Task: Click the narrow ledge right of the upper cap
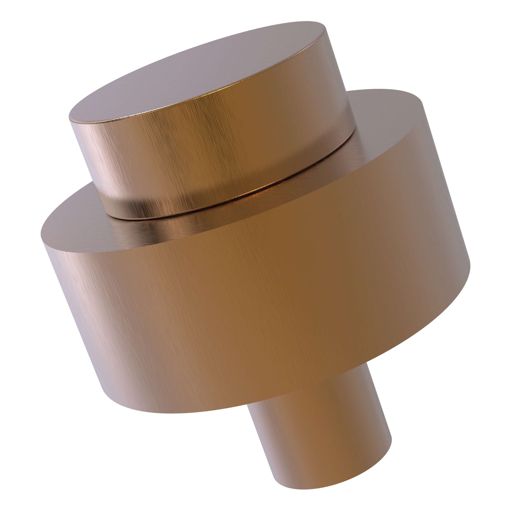(x=383, y=127)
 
